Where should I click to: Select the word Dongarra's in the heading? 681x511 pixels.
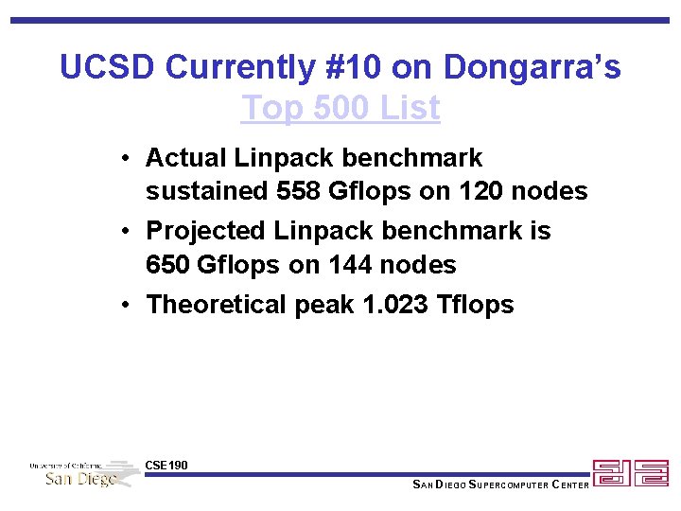pos(532,67)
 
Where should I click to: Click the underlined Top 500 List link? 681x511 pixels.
pos(340,108)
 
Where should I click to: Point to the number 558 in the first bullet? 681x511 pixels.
pos(298,191)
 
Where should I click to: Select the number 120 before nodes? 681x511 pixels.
pos(482,191)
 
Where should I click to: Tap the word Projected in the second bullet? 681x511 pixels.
pos(206,231)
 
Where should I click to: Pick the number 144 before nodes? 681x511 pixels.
pos(352,265)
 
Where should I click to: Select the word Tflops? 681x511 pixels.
pos(477,305)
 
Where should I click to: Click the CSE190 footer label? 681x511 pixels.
pos(166,465)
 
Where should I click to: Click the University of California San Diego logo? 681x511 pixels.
pos(83,472)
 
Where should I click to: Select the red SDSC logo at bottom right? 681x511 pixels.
pos(630,473)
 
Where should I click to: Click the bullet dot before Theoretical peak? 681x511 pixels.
pos(126,305)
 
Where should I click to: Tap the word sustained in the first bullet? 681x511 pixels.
pos(206,191)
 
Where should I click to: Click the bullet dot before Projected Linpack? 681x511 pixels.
pos(126,231)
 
